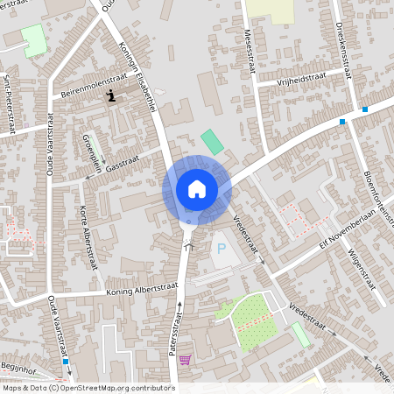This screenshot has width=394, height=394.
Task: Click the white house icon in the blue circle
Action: click(x=196, y=188)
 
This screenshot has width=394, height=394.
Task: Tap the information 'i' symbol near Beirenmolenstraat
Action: click(x=110, y=95)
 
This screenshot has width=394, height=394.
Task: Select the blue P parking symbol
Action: click(x=221, y=249)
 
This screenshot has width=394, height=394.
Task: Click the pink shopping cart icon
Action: click(x=184, y=359)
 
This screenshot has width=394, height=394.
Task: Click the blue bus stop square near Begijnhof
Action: click(x=65, y=360)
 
